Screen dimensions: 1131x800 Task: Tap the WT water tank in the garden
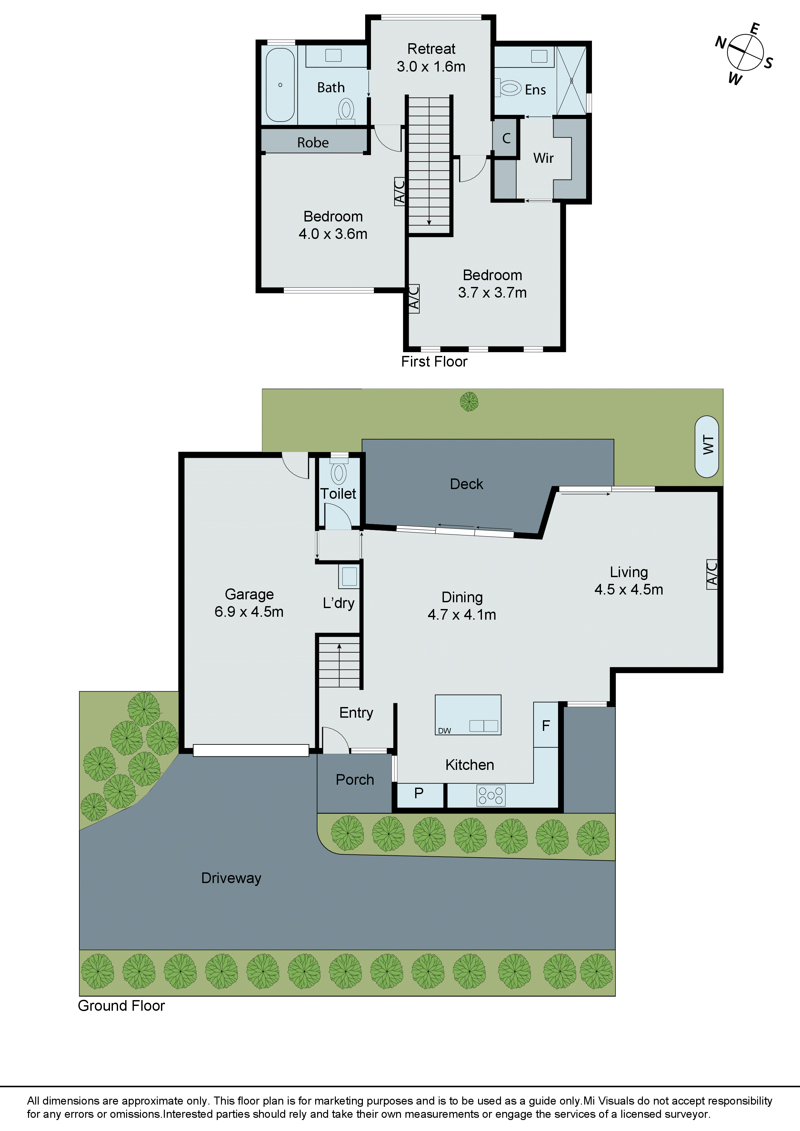(706, 446)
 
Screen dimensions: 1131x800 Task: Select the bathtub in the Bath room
(280, 85)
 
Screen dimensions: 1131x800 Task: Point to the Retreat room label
(431, 49)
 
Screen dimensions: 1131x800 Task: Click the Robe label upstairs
(313, 143)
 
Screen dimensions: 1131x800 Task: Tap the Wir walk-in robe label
(543, 158)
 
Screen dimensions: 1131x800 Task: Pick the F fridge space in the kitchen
(546, 726)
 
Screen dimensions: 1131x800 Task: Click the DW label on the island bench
(444, 731)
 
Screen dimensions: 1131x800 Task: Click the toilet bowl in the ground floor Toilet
(339, 473)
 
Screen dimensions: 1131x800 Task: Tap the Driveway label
(231, 878)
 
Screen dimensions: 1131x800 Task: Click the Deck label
(466, 484)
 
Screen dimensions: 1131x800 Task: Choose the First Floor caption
(434, 361)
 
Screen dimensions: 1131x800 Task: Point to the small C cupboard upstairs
(506, 138)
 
